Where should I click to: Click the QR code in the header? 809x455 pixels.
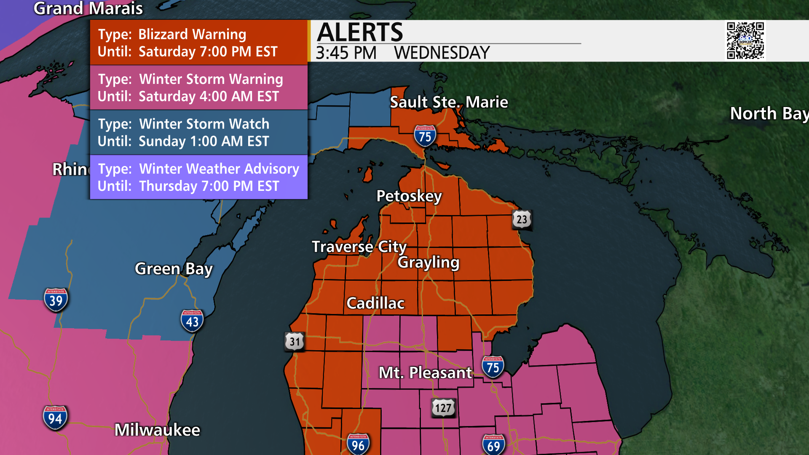(745, 40)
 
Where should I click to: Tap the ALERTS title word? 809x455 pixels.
(360, 32)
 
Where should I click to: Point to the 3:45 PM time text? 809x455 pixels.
(346, 54)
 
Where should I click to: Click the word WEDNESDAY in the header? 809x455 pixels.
(442, 54)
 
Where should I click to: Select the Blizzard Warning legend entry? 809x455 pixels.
(198, 43)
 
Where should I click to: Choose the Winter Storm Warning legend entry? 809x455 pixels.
(198, 88)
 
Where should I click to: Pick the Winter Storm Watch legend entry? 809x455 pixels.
(198, 132)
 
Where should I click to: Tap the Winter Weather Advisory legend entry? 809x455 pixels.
(198, 177)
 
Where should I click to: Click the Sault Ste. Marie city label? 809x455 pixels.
(449, 102)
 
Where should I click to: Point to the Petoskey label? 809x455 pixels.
(409, 196)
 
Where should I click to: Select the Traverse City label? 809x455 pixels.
(359, 247)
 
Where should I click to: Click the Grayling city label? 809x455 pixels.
(429, 262)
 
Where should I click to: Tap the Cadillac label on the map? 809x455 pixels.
(375, 303)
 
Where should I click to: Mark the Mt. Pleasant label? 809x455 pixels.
(425, 373)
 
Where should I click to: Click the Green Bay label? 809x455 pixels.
(174, 269)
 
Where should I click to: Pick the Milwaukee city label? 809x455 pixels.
(157, 430)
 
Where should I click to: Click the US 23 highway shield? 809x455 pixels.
(522, 219)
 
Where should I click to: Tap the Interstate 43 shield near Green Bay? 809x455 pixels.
(192, 321)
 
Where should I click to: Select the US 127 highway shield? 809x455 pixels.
(443, 408)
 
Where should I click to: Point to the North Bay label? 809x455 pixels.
(769, 114)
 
